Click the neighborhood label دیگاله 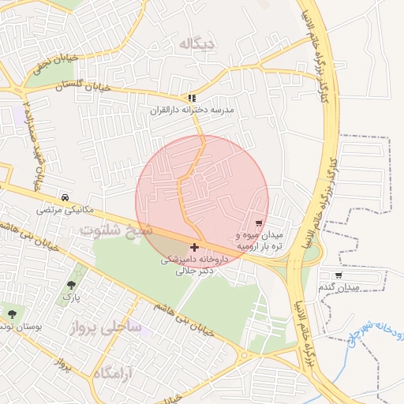coord(196,43)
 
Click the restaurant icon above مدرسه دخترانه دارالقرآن coord(191,99)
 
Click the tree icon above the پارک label coord(72,284)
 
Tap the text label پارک coord(72,297)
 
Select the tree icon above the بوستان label coord(11,313)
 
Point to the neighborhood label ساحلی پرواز coord(110,326)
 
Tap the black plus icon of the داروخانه coord(195,248)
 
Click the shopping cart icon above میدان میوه coord(260,224)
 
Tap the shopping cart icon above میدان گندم coord(339,275)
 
